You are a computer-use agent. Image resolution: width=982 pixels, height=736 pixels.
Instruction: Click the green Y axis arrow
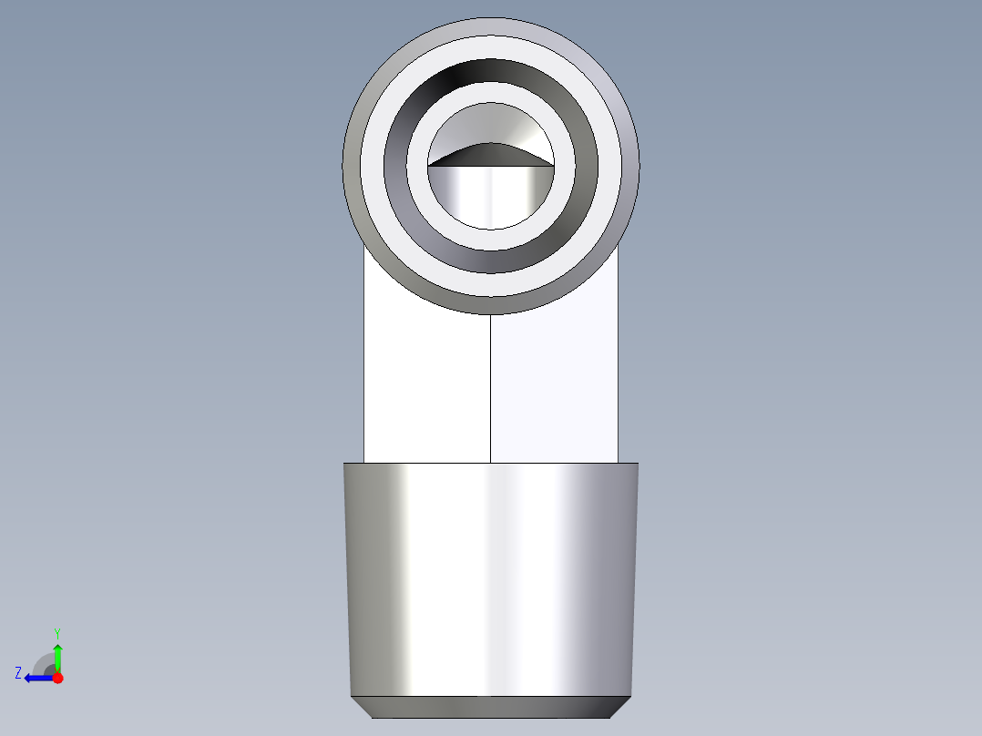(x=57, y=657)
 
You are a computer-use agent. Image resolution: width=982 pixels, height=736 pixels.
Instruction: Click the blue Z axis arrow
(x=36, y=678)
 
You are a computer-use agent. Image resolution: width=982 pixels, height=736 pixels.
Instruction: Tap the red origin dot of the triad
(x=57, y=678)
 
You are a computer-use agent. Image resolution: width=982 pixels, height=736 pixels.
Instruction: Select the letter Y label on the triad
(x=57, y=632)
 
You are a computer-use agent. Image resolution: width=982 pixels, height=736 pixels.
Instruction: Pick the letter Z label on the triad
(x=18, y=673)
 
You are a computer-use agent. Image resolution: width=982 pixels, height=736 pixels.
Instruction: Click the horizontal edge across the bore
(x=491, y=167)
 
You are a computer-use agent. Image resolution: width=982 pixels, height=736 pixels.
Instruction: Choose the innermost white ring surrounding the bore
(x=491, y=238)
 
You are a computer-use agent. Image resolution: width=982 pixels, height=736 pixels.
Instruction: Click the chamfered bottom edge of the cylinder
(x=491, y=707)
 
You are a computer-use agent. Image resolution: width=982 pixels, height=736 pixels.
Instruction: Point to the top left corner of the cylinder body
(x=344, y=464)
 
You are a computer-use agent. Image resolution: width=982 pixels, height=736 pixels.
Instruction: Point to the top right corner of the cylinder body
(x=638, y=464)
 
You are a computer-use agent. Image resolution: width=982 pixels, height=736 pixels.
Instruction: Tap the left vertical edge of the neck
(x=364, y=383)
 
